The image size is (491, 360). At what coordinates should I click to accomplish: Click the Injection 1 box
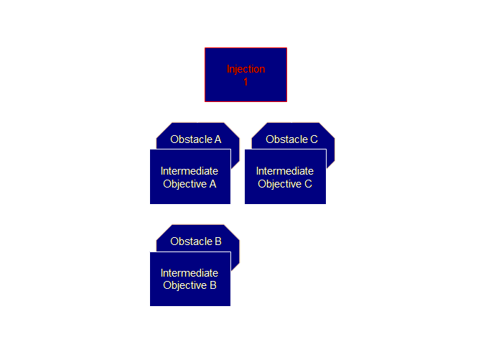[245, 75]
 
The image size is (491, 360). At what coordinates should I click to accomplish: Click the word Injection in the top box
[245, 69]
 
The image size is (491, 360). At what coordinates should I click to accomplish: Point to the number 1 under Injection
[245, 82]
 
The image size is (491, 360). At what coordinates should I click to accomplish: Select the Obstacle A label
[195, 139]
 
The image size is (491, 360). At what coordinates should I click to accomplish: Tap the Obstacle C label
[291, 139]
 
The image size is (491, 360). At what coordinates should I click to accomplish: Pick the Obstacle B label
[195, 241]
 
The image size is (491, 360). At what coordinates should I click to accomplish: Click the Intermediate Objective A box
[190, 177]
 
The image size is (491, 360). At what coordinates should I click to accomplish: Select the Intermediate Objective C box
[285, 177]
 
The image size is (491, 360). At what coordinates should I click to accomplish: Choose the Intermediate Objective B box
[190, 280]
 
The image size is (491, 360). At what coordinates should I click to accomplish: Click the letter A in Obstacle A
[218, 139]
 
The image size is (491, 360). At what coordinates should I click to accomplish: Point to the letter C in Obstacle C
[314, 139]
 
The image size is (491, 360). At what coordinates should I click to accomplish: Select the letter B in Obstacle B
[218, 241]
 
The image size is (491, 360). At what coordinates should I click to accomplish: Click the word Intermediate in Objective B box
[190, 273]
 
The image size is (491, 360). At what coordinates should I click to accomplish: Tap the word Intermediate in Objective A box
[190, 171]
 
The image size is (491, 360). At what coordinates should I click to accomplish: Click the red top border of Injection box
[245, 48]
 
